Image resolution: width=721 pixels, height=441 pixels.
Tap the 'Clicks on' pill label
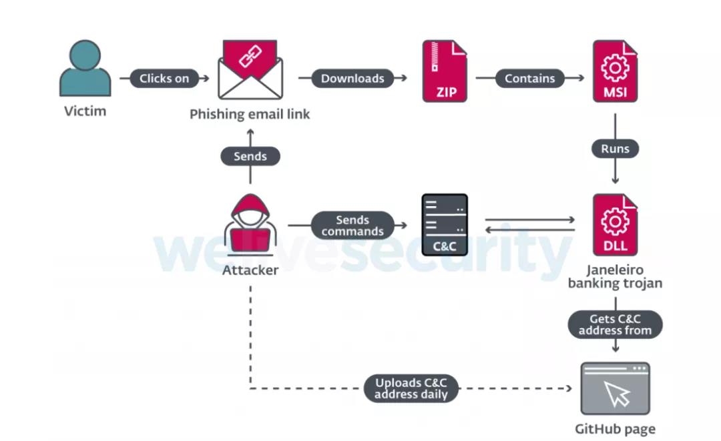pos(164,78)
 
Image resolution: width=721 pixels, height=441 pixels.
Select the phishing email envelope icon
pos(250,70)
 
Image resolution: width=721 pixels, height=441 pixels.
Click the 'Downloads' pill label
pos(352,78)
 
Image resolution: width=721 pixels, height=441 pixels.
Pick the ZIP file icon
pos(445,71)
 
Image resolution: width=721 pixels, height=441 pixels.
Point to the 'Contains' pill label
pos(529,78)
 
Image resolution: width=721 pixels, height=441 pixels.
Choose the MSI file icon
pos(615,71)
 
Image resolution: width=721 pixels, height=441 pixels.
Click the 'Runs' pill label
pos(615,149)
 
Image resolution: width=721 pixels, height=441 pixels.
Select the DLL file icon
pos(615,225)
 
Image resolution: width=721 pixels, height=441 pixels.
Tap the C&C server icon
pos(445,225)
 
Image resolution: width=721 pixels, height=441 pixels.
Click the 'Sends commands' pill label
pos(352,226)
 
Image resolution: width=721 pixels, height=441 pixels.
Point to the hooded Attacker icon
pos(250,227)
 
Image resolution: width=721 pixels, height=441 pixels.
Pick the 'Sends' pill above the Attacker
pos(250,156)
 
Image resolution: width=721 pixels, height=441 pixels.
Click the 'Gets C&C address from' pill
pos(615,325)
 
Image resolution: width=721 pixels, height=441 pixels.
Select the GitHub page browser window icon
pos(615,388)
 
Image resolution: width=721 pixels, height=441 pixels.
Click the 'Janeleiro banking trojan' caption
pos(615,277)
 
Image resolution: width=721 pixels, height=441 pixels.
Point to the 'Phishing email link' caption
pos(250,114)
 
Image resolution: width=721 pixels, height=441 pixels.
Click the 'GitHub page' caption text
pos(615,429)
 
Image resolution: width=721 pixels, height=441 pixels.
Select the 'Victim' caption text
pos(85,111)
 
